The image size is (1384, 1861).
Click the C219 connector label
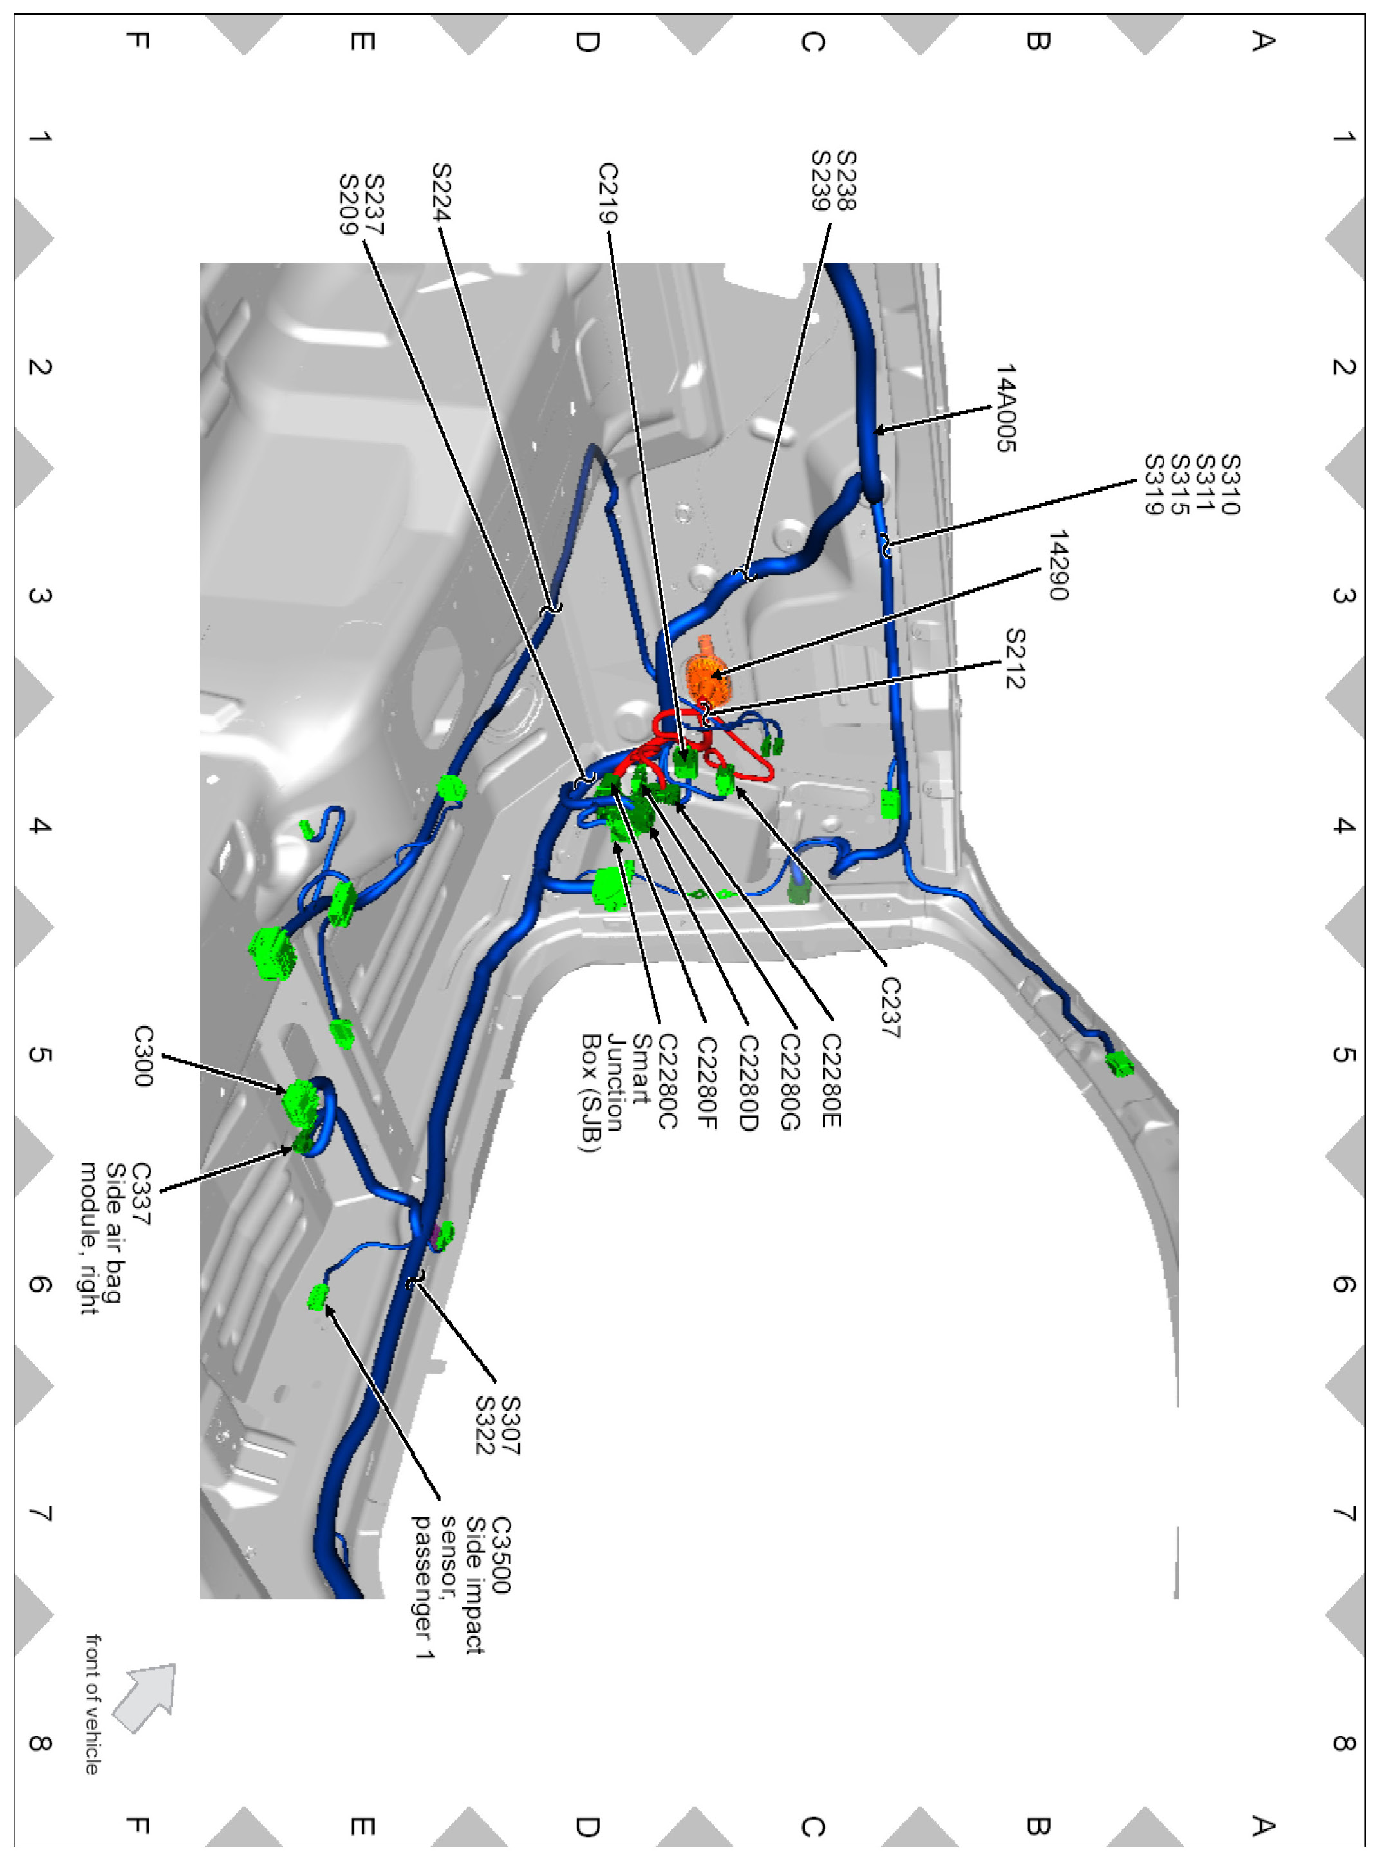click(x=608, y=194)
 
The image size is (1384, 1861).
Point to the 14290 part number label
click(x=1058, y=566)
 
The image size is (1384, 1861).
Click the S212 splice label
click(x=1015, y=658)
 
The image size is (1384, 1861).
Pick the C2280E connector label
click(x=830, y=1080)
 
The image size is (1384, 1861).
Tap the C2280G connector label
click(x=789, y=1081)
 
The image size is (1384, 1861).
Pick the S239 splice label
click(x=822, y=180)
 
